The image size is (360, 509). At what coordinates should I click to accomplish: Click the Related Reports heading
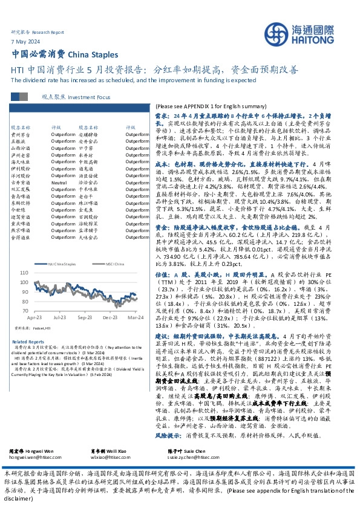(24, 342)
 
